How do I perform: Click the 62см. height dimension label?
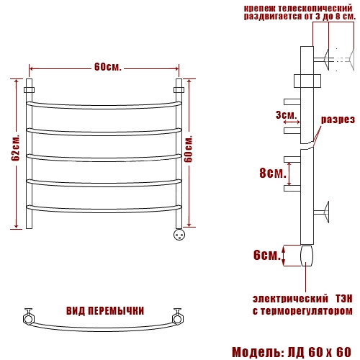(x=16, y=148)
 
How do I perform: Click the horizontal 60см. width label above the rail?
(x=108, y=67)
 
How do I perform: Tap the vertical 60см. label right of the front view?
(x=189, y=149)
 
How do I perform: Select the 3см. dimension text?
(x=286, y=115)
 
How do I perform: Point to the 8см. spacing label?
(x=273, y=173)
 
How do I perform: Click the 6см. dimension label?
(x=267, y=255)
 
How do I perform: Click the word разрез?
(x=338, y=120)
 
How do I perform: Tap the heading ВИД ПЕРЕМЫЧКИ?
(x=105, y=311)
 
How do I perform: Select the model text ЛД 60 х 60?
(x=320, y=352)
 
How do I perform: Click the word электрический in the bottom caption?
(x=290, y=299)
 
